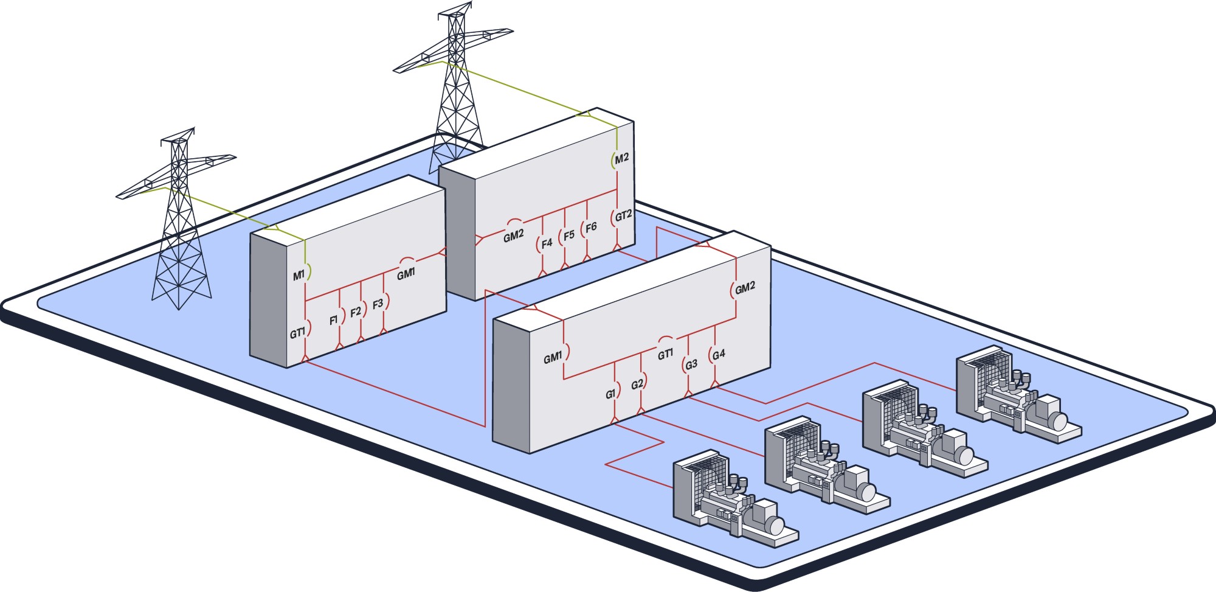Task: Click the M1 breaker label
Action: tap(299, 276)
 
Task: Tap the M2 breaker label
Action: tap(621, 159)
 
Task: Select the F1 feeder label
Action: tap(333, 320)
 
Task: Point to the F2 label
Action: tap(356, 312)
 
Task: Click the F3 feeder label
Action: tap(378, 303)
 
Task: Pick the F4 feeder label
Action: tap(547, 243)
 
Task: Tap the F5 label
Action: tap(569, 235)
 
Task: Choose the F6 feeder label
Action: tap(591, 227)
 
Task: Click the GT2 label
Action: tap(623, 215)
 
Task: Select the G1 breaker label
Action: tap(610, 394)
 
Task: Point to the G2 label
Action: tap(637, 385)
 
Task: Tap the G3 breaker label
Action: tap(691, 365)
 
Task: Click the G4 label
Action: tap(719, 354)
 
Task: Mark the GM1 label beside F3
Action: tap(406, 274)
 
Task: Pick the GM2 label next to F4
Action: tap(513, 235)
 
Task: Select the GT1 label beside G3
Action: tap(665, 354)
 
